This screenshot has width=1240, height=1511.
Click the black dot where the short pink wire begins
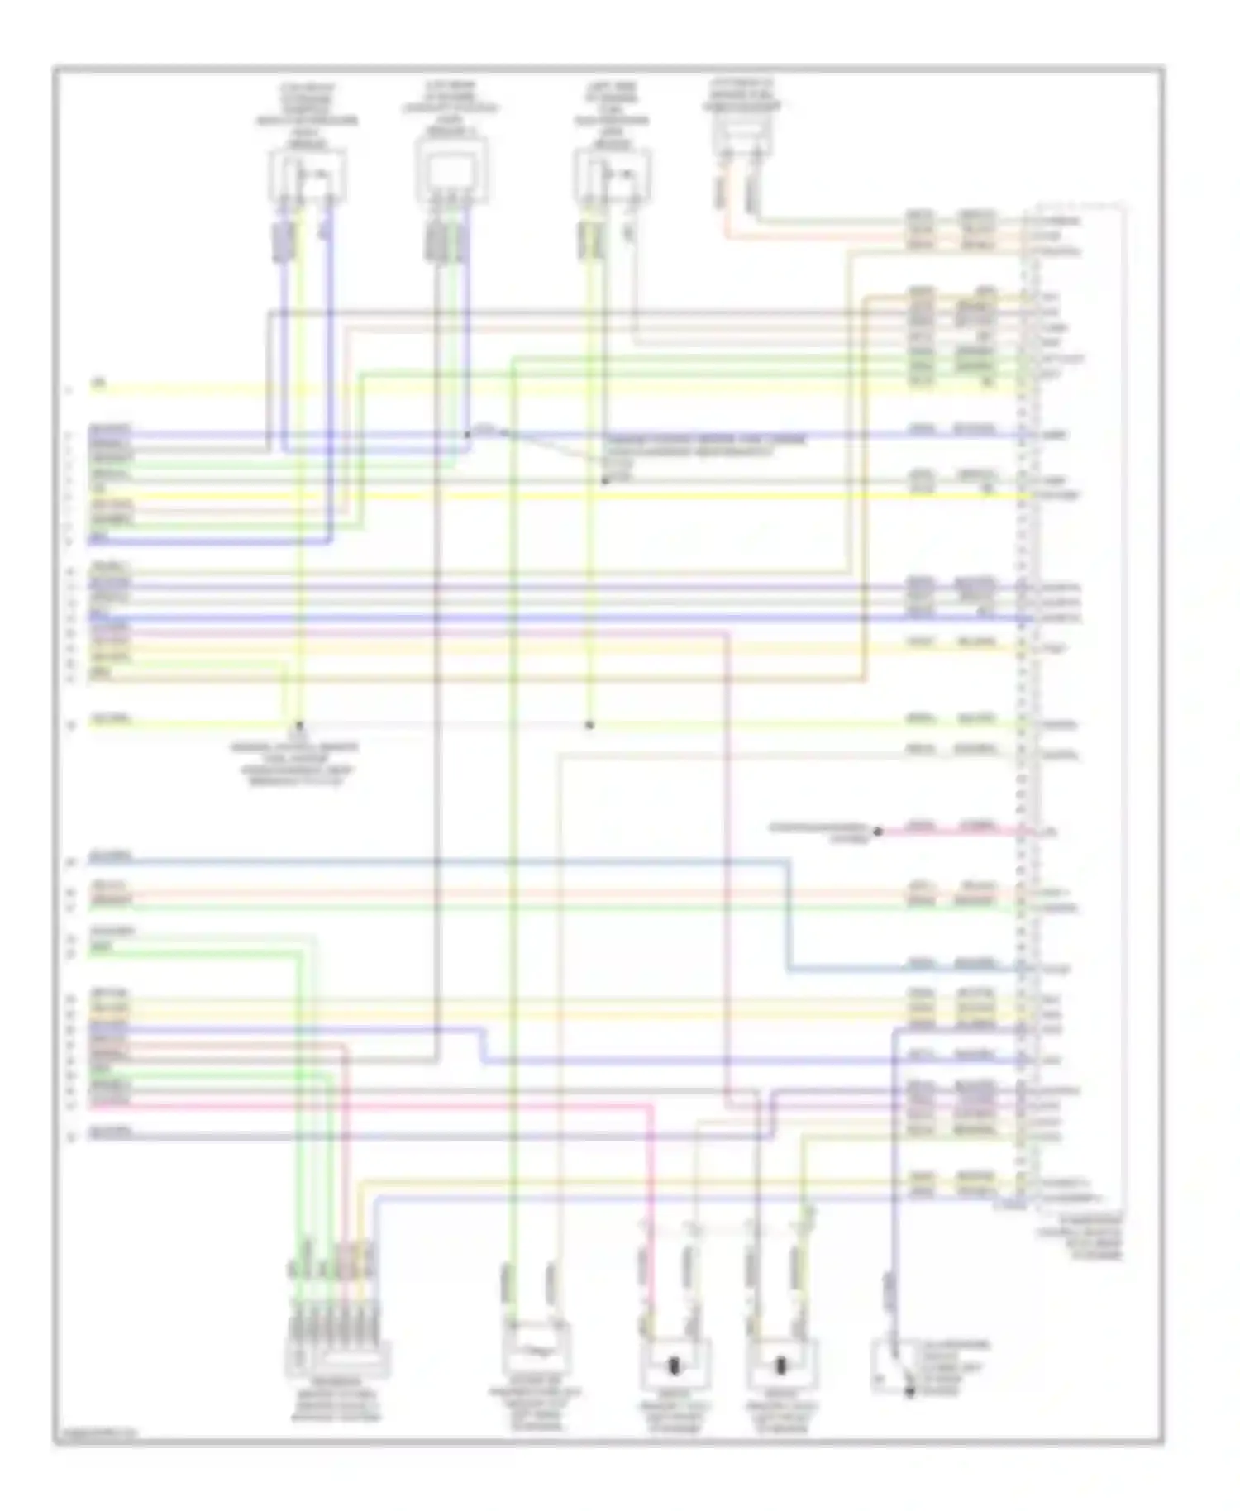[x=878, y=832]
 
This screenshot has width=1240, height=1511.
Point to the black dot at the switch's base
[x=909, y=1393]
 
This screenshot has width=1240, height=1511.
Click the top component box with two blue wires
[x=307, y=175]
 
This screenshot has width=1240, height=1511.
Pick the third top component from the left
[x=612, y=177]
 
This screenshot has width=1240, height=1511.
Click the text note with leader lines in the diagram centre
[x=703, y=452]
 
